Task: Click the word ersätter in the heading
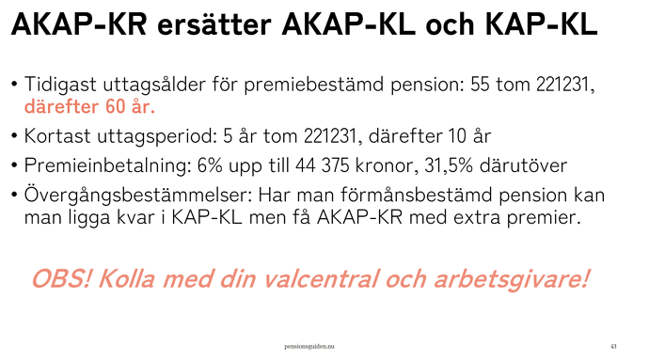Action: coord(214,24)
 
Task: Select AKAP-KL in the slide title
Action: coord(348,24)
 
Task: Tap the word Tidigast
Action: coord(60,86)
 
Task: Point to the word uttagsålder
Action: coord(154,86)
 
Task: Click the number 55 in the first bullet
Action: coord(480,85)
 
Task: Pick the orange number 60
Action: coord(115,107)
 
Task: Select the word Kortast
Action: coord(57,135)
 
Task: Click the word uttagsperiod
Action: coord(157,136)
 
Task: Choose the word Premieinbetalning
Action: coord(107,165)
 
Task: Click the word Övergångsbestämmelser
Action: coord(138,195)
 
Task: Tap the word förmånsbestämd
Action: coord(417,195)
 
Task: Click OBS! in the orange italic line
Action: coord(61,278)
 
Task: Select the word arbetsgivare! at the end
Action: coord(511,279)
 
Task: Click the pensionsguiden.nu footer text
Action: coord(309,346)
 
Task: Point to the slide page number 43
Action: coord(613,346)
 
